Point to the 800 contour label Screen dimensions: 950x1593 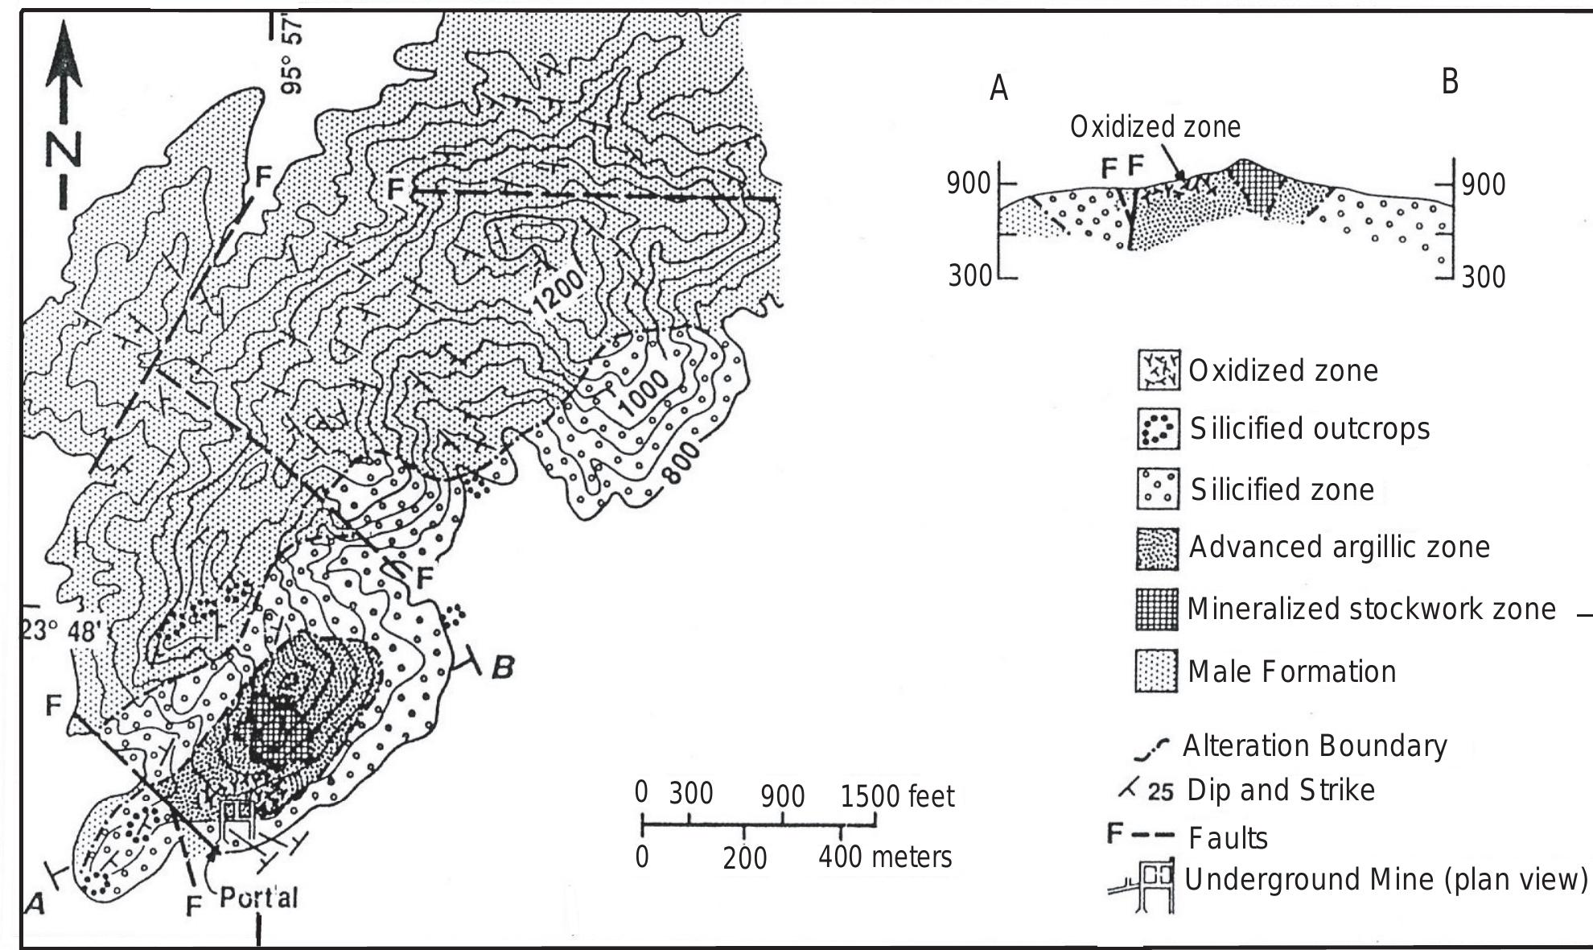click(x=683, y=462)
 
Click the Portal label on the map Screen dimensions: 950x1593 click(x=258, y=897)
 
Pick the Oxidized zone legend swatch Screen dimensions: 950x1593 click(x=1158, y=370)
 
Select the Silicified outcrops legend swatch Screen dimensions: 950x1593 click(x=1158, y=428)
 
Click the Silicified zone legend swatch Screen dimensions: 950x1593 click(x=1158, y=489)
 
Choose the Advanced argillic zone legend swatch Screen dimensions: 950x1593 click(x=1158, y=548)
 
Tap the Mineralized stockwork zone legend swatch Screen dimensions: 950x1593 click(x=1157, y=609)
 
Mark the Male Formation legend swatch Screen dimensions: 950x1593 click(x=1157, y=671)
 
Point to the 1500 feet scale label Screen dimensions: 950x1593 click(x=897, y=796)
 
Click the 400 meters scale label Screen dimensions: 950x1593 click(x=885, y=857)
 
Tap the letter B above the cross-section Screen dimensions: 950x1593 click(x=1450, y=82)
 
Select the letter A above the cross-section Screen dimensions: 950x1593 click(x=998, y=89)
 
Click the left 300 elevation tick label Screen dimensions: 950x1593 click(x=969, y=276)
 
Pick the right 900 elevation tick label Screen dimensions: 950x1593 click(x=1484, y=184)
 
